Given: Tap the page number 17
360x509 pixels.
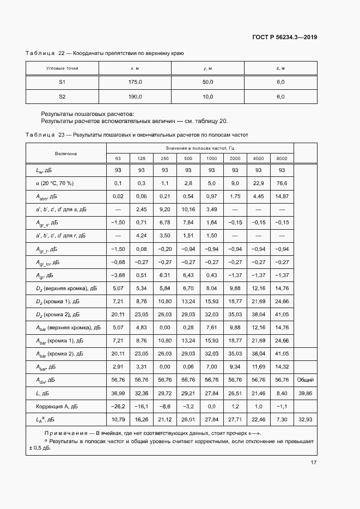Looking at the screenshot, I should (314, 463).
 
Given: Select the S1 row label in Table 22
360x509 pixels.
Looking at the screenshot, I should (62, 82).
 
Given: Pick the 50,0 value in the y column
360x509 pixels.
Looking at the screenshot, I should (208, 82).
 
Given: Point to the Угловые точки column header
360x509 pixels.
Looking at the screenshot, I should (62, 68).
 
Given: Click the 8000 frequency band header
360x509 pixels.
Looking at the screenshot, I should (282, 158).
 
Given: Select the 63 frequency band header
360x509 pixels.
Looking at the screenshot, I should (118, 158).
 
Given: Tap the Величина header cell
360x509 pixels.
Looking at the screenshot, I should (66, 154).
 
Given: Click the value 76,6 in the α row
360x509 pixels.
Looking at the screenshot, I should (282, 183).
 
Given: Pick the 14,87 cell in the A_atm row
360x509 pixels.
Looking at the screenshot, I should (282, 196).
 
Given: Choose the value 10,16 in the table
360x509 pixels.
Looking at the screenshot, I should (187, 209).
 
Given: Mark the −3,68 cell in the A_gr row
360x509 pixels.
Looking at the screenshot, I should (118, 275).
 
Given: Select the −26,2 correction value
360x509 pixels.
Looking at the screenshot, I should (118, 407).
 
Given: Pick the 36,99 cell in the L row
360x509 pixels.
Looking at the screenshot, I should (118, 394).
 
